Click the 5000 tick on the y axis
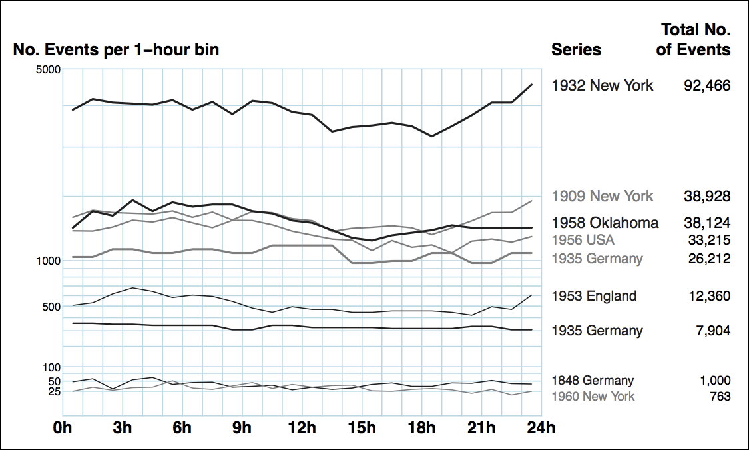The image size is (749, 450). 48,69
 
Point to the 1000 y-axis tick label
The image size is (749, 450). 48,261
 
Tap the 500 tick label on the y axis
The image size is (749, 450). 51,307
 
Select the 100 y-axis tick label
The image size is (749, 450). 51,367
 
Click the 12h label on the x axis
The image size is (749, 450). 302,428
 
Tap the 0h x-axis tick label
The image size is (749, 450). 63,428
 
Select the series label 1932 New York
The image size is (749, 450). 603,85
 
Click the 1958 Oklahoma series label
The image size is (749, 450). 605,223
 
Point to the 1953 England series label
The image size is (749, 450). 594,296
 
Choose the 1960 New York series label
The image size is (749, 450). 593,397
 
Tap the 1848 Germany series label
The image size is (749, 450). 593,381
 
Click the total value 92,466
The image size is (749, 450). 707,85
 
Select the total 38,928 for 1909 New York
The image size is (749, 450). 707,196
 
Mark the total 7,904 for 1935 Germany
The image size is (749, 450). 711,331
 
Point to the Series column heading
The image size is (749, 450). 576,49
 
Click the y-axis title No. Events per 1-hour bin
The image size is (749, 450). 116,49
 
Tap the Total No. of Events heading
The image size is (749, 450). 694,39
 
